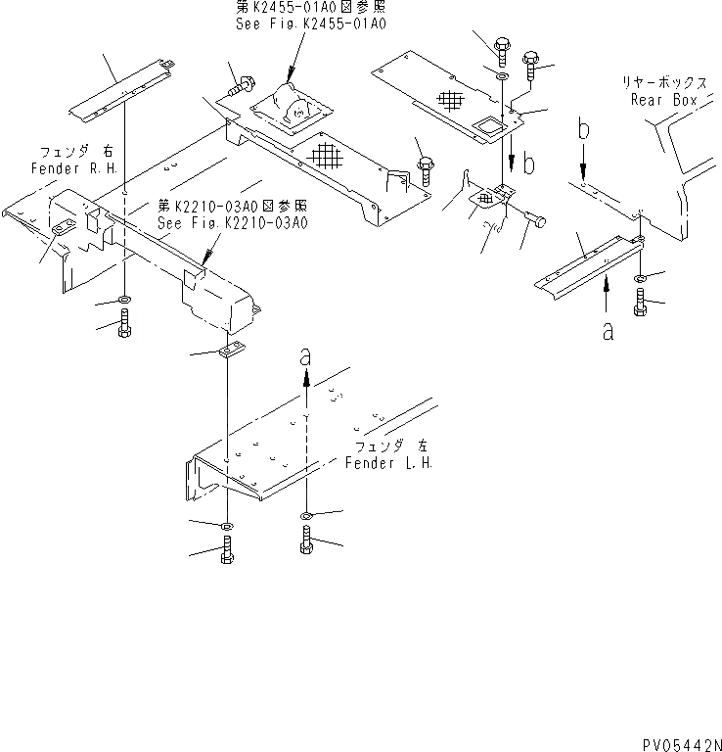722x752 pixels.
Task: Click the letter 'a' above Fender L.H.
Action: (x=305, y=359)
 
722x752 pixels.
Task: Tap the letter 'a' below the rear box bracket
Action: (x=608, y=332)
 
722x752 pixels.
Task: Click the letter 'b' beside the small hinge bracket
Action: (x=529, y=164)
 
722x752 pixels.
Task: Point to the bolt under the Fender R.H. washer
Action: (x=124, y=324)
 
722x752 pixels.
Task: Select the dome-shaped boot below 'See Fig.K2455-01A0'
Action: (x=286, y=101)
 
